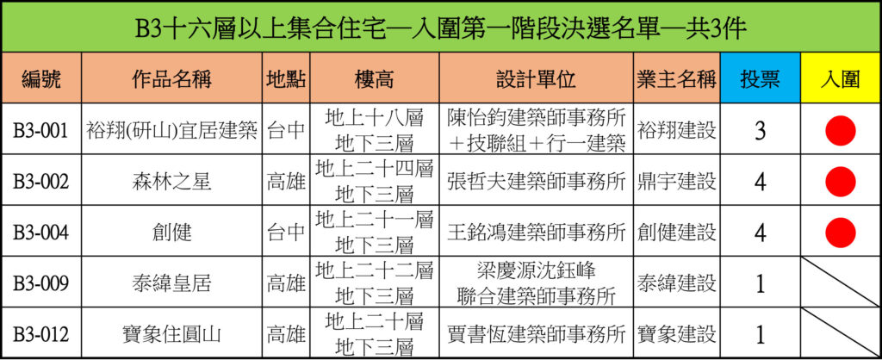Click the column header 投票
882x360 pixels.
(x=760, y=79)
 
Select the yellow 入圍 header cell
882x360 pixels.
(x=841, y=78)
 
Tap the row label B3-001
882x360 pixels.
(x=41, y=131)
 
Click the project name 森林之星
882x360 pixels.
(x=172, y=182)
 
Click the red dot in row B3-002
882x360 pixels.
(x=841, y=182)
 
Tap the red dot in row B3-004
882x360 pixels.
(x=841, y=233)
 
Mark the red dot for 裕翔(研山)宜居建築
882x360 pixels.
(x=841, y=131)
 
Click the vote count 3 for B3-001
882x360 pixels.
(x=761, y=131)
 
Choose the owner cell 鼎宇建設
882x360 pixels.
(x=677, y=182)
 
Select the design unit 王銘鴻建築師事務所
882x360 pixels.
(x=537, y=233)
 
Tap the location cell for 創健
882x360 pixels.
(x=286, y=233)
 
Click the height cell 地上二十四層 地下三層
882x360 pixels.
(x=375, y=182)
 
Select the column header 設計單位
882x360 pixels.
(x=537, y=79)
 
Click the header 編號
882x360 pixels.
(x=41, y=79)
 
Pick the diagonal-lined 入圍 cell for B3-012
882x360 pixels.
(x=841, y=332)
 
